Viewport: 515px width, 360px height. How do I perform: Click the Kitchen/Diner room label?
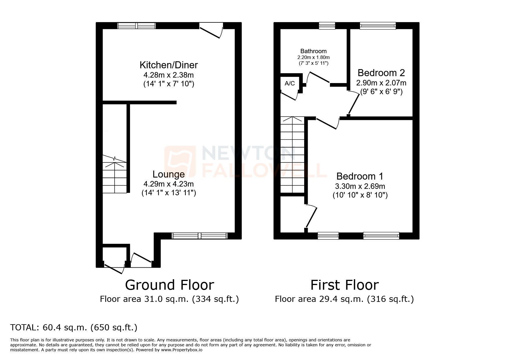[169, 65]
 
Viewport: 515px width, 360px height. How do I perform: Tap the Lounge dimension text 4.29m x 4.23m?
[169, 184]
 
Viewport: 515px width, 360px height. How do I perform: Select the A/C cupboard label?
[290, 84]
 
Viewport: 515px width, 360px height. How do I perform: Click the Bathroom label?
[313, 51]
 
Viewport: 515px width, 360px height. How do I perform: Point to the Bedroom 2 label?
[381, 73]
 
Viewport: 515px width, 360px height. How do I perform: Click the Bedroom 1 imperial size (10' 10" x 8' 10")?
[360, 195]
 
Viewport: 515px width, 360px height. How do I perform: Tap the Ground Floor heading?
[170, 285]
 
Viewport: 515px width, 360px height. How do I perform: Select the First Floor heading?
[345, 285]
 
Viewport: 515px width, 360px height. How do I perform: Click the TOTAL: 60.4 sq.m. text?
[74, 327]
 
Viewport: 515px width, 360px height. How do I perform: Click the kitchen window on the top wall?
[137, 26]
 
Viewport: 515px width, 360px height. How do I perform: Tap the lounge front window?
[199, 236]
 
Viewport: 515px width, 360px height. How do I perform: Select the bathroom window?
[327, 26]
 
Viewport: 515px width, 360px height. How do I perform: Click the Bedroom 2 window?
[378, 26]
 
